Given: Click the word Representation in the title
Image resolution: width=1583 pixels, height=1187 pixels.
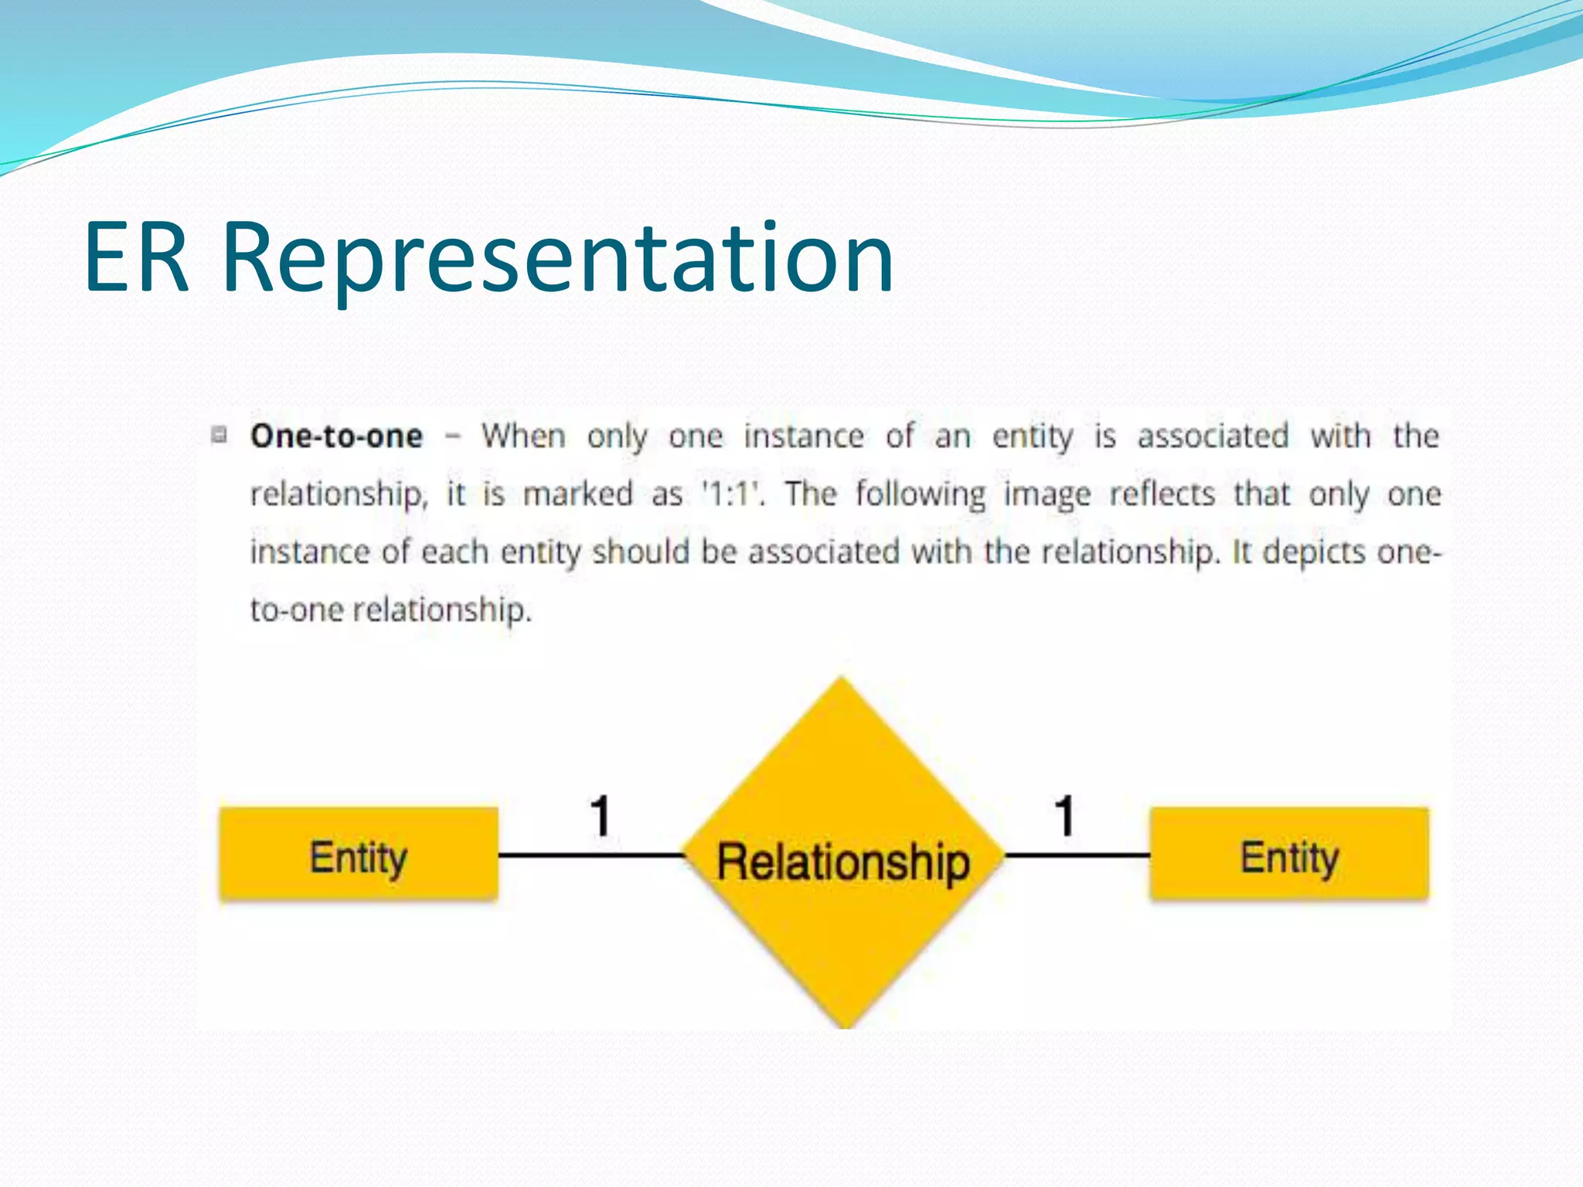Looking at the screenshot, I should point(558,259).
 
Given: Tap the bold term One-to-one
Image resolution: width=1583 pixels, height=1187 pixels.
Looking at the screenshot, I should point(336,437).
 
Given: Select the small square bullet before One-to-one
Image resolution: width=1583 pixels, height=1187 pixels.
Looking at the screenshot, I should point(220,435).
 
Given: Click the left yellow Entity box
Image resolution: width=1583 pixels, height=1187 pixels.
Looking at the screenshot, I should point(359,855).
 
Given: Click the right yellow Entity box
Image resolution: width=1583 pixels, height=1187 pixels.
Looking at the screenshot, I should point(1289,855).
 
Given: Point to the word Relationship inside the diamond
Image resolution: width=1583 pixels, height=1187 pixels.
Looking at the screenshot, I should point(843,862).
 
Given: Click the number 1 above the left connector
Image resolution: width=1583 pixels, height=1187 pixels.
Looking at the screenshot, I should point(601,816).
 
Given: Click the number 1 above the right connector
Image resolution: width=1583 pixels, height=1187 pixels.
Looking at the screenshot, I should point(1065,816).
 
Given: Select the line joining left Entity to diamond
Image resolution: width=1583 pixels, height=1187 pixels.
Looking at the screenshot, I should point(591,855).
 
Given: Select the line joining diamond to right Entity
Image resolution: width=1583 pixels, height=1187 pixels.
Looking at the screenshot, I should point(1076,855).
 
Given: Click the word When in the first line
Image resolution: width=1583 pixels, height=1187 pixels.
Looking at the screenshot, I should point(523,437).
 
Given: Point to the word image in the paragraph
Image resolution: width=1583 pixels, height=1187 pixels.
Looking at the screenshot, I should point(1047,495).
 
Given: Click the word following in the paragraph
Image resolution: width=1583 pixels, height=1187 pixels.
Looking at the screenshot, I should point(921,495).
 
